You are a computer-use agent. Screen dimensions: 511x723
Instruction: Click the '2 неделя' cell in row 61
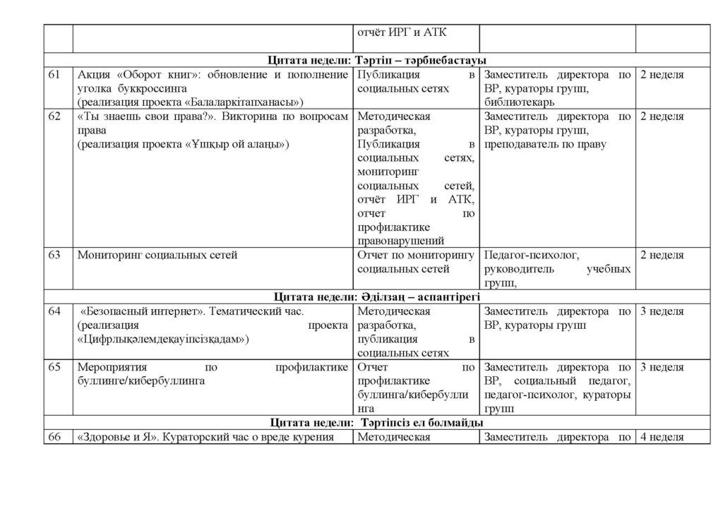[661, 75]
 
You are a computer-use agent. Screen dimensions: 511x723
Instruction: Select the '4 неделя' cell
[661, 437]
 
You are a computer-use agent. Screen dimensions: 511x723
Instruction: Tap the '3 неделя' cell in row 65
[661, 368]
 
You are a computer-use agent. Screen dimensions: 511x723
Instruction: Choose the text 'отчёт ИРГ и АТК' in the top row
[403, 32]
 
